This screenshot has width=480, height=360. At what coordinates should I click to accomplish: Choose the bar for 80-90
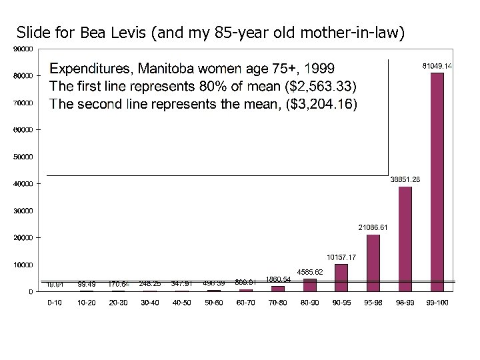(x=309, y=285)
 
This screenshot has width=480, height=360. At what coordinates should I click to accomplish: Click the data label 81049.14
(x=437, y=65)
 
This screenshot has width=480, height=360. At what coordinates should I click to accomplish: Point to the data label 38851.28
(x=405, y=179)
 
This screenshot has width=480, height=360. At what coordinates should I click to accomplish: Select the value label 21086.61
(x=373, y=227)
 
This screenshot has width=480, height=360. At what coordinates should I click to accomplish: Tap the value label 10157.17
(x=341, y=257)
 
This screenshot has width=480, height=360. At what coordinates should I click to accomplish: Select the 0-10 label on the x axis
(x=55, y=303)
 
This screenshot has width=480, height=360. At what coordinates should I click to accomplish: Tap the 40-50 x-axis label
(x=182, y=303)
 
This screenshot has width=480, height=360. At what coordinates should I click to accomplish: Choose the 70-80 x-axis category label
(x=277, y=303)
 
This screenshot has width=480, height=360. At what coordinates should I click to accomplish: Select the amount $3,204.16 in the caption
(x=321, y=104)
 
